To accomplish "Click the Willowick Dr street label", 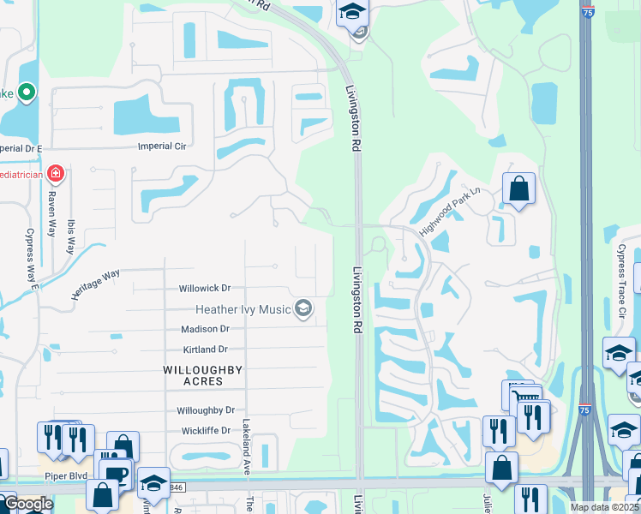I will [205, 289].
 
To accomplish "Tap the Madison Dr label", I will [205, 329].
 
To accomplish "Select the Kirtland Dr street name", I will [205, 350].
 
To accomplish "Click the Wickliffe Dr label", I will [205, 431].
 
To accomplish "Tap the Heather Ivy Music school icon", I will [303, 308].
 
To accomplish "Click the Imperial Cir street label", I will [162, 146].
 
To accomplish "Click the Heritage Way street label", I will [95, 284].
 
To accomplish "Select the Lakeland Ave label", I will [245, 436].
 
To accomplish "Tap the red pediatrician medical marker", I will [56, 175].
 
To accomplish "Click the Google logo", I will [27, 505].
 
